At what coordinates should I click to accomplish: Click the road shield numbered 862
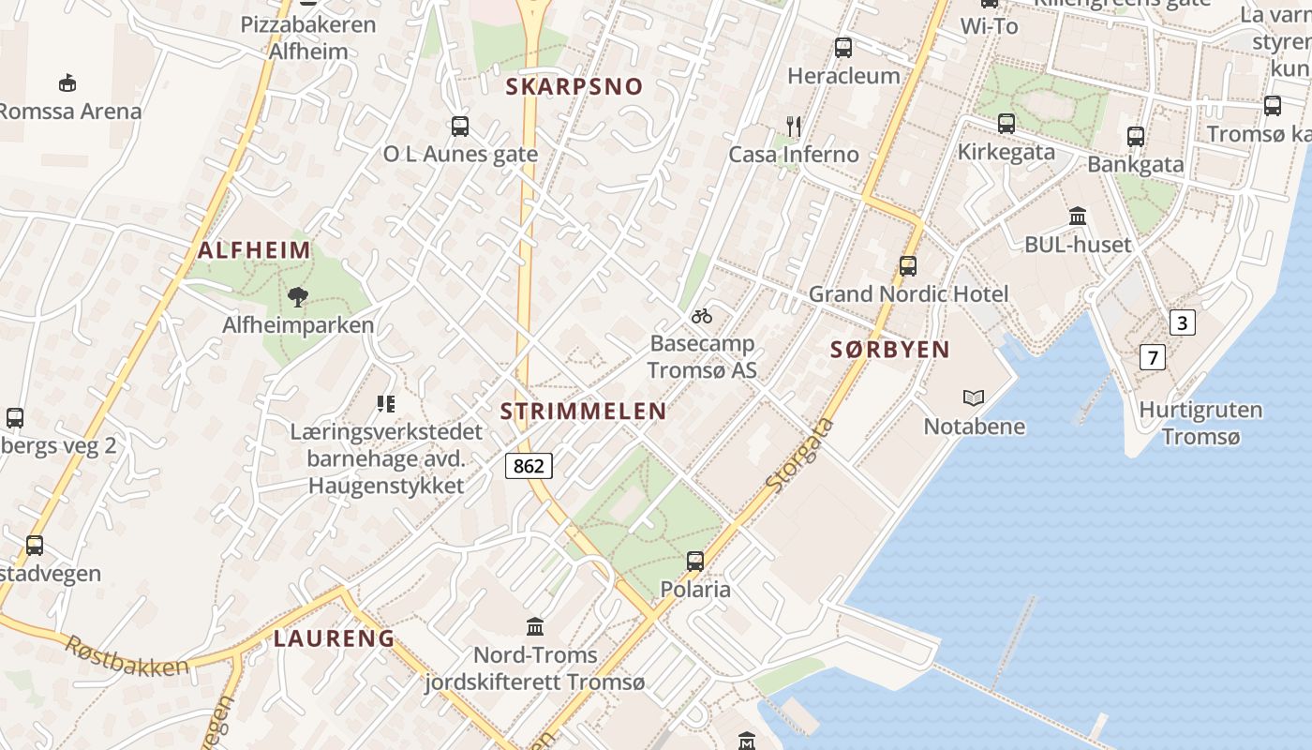coord(529,465)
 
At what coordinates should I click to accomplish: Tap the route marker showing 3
coord(1183,323)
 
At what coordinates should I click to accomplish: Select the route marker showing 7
coord(1153,357)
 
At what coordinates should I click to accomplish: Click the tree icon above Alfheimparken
coord(298,298)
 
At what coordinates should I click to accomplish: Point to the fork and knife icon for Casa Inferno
coord(794,126)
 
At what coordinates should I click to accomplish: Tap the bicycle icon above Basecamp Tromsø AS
coord(702,316)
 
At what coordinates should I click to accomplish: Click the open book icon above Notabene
coord(974,398)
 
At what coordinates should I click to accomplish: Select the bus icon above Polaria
coord(694,562)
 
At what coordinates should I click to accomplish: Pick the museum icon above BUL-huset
coord(1078,217)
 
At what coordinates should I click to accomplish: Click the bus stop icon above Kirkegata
coord(1006,123)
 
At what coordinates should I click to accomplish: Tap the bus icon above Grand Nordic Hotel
coord(907,265)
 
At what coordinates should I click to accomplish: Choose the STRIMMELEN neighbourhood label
coord(583,411)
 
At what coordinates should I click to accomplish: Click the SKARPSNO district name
coord(574,87)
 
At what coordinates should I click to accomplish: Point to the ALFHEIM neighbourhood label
coord(254,250)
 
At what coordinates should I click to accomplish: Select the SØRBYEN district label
coord(890,350)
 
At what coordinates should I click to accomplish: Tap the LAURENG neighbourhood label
coord(334,638)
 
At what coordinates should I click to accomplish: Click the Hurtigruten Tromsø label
coord(1200,423)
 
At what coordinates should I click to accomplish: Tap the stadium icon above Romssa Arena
coord(67,83)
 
